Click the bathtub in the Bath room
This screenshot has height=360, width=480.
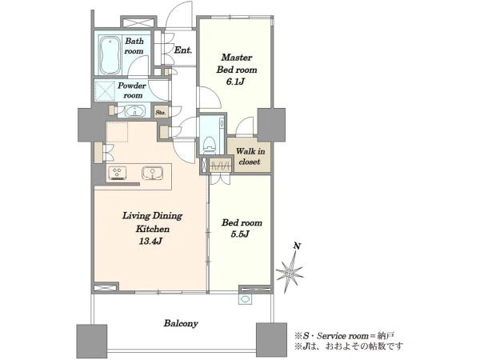click(110, 55)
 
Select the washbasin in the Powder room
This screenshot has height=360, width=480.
click(134, 111)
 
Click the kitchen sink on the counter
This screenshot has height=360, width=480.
click(152, 173)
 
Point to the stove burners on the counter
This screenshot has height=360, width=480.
click(118, 174)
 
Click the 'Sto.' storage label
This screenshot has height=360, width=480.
click(161, 112)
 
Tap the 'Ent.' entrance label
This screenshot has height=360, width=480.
click(183, 50)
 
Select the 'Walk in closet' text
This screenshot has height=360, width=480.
click(250, 157)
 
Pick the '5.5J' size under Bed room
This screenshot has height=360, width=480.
click(240, 234)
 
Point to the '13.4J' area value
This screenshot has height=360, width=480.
click(151, 242)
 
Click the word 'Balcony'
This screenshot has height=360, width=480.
click(181, 323)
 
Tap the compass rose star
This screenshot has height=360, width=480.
click(290, 271)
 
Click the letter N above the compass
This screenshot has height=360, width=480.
click(297, 246)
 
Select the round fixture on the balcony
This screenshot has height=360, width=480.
click(246, 299)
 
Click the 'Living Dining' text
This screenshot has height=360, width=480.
click(152, 216)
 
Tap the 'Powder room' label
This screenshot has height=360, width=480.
click(132, 90)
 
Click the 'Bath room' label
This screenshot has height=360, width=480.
click(134, 46)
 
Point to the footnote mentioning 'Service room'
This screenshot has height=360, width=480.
click(344, 336)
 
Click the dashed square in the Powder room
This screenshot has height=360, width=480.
click(106, 91)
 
